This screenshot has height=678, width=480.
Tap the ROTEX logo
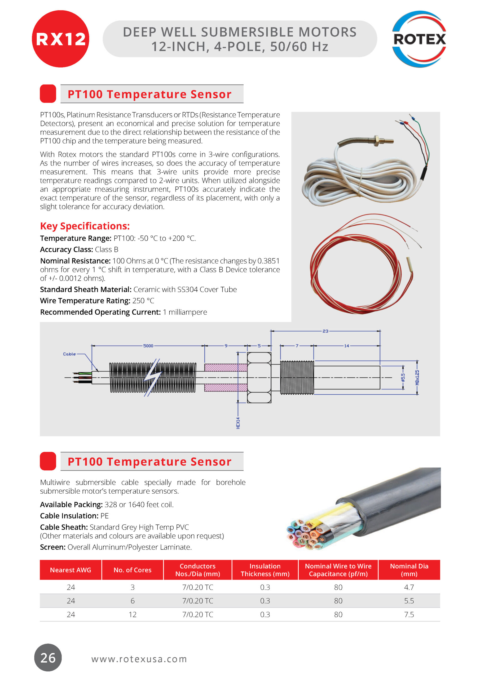pos(419,39)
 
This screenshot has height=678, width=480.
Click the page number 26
pos(48,658)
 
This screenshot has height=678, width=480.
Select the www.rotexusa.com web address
pos(139,659)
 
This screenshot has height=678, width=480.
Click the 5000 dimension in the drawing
pos(148,346)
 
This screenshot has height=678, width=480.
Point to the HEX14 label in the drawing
pos(238,423)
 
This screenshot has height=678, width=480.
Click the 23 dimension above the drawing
pos(325,331)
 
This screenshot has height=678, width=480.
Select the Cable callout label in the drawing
pos(69,354)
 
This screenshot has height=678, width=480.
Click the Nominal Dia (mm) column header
pos(409,570)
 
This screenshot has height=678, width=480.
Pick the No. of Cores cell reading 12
pos(133,614)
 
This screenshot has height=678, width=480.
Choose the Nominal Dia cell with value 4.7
pos(409,587)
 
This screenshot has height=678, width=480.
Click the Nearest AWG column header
pos(71,570)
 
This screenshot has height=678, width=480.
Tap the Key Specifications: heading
pos(85,226)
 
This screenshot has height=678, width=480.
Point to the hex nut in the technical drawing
pos(259,377)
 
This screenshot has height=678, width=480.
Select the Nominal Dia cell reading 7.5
pos(409,614)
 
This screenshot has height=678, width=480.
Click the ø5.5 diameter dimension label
pos(403,378)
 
